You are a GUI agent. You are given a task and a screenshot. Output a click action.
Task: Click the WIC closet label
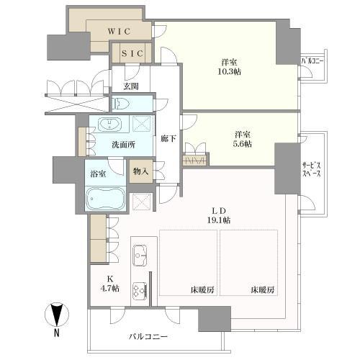(119, 31)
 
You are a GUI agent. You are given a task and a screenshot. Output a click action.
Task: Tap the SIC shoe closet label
(132, 53)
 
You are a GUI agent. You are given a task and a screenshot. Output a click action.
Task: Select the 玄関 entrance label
(131, 86)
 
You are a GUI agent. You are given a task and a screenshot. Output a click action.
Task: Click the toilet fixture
(122, 104)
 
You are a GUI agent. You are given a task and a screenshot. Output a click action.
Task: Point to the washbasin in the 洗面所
(110, 125)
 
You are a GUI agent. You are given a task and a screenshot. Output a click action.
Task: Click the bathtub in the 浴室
(106, 199)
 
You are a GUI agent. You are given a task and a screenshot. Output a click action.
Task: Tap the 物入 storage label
(140, 171)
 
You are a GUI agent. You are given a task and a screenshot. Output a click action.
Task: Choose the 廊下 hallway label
(168, 138)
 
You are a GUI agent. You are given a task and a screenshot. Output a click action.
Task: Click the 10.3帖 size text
(229, 71)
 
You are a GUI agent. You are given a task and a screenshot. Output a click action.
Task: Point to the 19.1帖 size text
(219, 220)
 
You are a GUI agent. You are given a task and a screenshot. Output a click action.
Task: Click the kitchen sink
(140, 256)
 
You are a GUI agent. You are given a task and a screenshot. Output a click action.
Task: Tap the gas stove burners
(140, 290)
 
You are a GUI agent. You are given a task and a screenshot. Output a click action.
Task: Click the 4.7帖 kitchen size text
(110, 288)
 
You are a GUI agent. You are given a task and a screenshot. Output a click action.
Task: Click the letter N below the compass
(57, 333)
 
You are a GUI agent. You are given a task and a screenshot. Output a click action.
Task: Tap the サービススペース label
(311, 169)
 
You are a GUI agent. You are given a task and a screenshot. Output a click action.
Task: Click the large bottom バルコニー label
(148, 337)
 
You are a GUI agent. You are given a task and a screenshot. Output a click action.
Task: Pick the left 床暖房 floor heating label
(202, 290)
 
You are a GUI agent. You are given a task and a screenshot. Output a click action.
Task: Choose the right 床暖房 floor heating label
(263, 290)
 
